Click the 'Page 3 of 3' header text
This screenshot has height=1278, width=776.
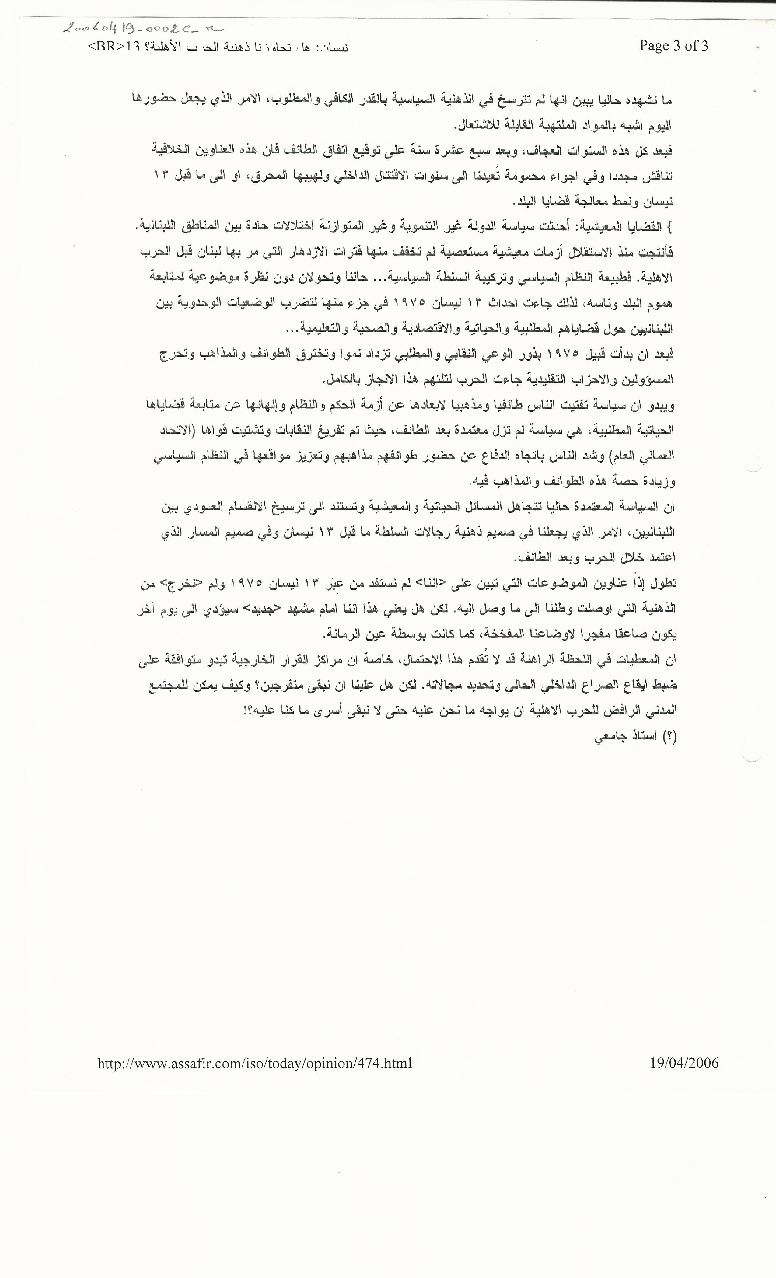coord(673,46)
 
